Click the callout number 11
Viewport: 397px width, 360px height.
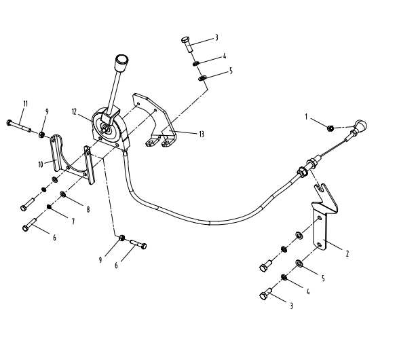pyautogui.click(x=25, y=103)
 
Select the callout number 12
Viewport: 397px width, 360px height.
pyautogui.click(x=74, y=111)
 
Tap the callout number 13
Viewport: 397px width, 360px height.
pyautogui.click(x=202, y=134)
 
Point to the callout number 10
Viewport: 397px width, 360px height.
pyautogui.click(x=41, y=164)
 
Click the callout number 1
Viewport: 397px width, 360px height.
pyautogui.click(x=306, y=117)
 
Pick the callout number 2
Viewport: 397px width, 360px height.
pyautogui.click(x=347, y=253)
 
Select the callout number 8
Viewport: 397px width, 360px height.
pyautogui.click(x=88, y=209)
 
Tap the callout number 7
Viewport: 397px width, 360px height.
pyautogui.click(x=73, y=221)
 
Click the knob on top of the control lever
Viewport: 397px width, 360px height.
pyautogui.click(x=121, y=62)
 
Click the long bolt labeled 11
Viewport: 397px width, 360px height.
pyautogui.click(x=19, y=126)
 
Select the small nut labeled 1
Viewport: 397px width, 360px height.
pyautogui.click(x=330, y=128)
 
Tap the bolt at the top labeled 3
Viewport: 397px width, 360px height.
pyautogui.click(x=187, y=44)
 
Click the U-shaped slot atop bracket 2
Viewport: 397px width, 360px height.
pyautogui.click(x=320, y=189)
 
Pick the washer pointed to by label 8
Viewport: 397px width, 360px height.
pyautogui.click(x=63, y=194)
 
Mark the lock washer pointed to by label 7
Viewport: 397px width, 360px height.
pyautogui.click(x=50, y=207)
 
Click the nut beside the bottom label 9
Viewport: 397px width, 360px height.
pyautogui.click(x=122, y=238)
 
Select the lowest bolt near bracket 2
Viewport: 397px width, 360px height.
pyautogui.click(x=265, y=293)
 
